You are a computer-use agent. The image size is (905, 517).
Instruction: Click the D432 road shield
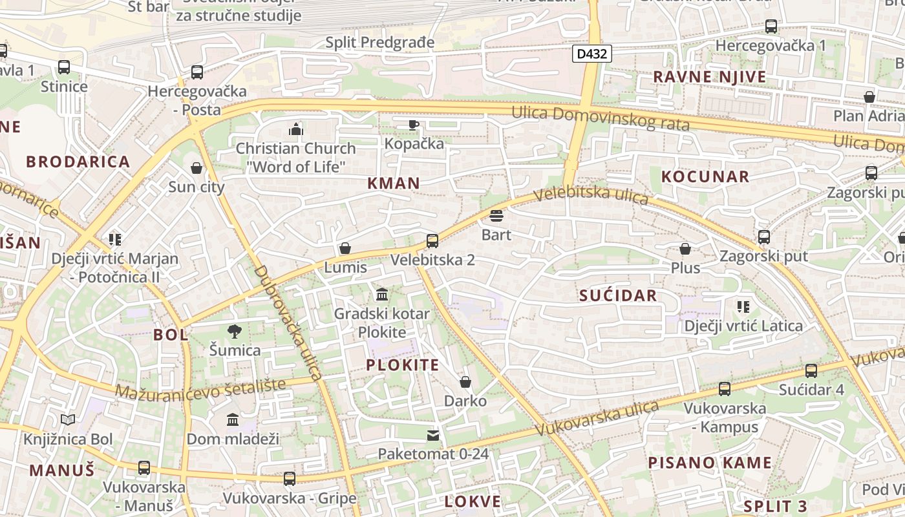tap(591, 54)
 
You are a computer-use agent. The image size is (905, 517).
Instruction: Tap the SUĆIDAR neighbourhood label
tap(618, 296)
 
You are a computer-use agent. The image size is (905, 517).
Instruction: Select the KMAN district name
tap(394, 184)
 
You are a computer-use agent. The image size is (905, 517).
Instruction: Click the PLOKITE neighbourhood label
tap(403, 365)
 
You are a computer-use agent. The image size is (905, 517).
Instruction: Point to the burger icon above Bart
tap(496, 216)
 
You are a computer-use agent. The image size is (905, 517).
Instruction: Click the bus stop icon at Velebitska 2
tap(432, 241)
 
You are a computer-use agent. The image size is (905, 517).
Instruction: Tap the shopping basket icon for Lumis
tap(345, 249)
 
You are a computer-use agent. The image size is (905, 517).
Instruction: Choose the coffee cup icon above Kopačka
tap(414, 125)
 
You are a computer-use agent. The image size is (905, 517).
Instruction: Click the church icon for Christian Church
tap(296, 129)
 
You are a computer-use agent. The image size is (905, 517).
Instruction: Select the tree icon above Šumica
tap(235, 332)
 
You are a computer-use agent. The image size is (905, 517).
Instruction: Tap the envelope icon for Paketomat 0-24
tap(433, 436)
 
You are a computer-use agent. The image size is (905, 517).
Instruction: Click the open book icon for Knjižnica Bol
tap(68, 420)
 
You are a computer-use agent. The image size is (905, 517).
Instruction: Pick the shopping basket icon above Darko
tap(465, 382)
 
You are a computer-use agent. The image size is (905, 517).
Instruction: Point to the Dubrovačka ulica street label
tap(288, 323)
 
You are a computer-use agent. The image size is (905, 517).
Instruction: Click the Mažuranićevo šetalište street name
tap(200, 388)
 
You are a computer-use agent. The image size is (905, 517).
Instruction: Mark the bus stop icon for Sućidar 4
tap(811, 371)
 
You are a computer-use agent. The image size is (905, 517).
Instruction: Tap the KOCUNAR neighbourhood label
tap(705, 176)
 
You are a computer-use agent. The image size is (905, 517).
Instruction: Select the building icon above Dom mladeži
tap(233, 420)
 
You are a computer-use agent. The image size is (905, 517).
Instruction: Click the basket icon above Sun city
tap(197, 169)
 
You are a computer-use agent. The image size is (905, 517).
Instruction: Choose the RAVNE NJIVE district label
tap(710, 77)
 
